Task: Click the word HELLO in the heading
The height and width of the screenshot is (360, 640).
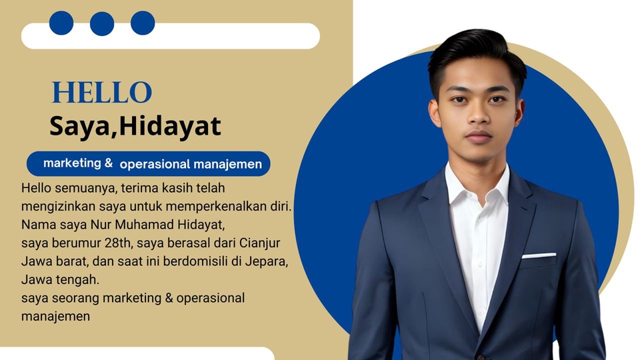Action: [x=102, y=93]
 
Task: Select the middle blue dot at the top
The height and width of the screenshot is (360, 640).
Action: [x=102, y=23]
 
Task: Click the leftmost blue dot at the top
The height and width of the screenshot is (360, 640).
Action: [x=61, y=23]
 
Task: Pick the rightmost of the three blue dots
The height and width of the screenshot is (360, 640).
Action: [x=143, y=23]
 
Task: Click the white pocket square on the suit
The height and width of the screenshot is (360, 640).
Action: [x=539, y=255]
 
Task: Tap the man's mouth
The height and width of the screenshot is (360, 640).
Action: [x=479, y=137]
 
